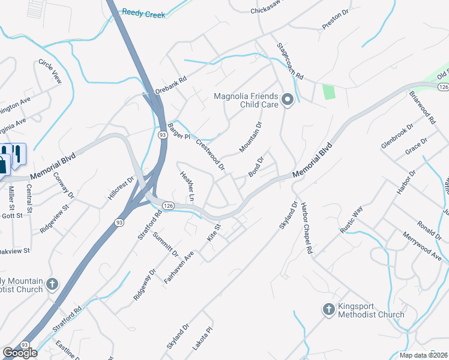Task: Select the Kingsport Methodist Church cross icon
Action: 328,310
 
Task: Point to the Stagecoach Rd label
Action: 291,62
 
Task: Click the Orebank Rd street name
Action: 172,86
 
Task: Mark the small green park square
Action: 328,92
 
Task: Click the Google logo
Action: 20,353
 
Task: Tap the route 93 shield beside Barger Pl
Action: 163,135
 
